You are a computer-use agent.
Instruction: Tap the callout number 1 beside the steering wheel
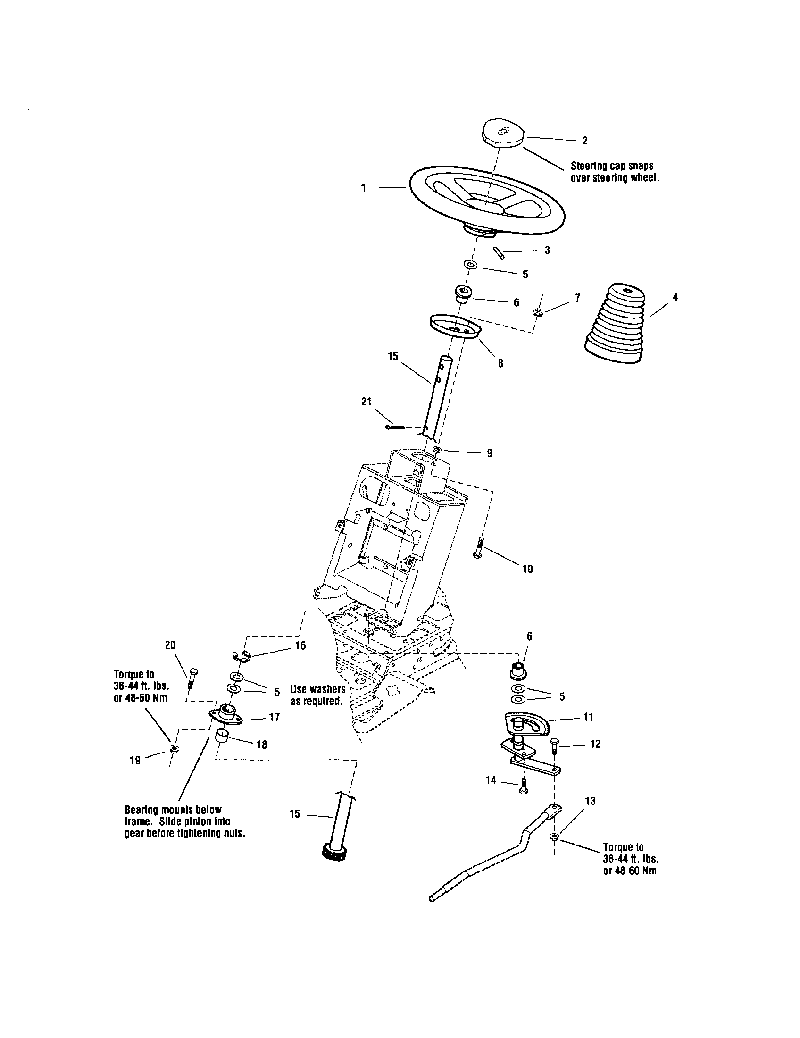(363, 189)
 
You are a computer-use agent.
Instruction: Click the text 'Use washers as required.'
(317, 695)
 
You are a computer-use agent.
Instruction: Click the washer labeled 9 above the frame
(437, 450)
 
